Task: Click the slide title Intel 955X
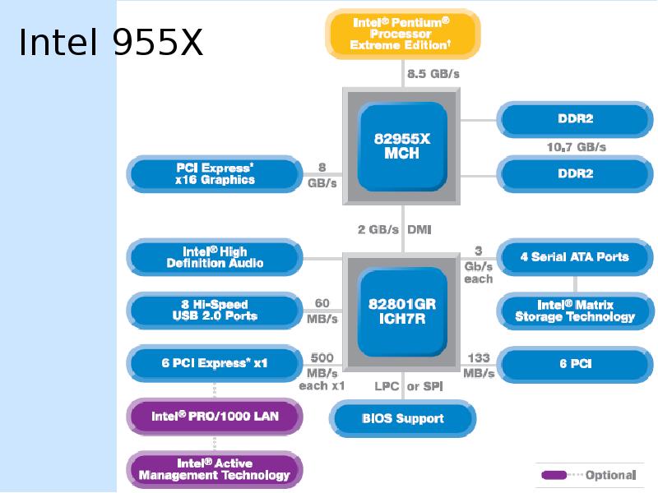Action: [x=111, y=42]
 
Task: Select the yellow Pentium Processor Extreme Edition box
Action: [x=403, y=34]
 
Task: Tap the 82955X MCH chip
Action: [x=401, y=146]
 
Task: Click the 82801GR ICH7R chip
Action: [x=401, y=311]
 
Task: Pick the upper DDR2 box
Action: [x=575, y=119]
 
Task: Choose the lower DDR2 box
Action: [x=575, y=174]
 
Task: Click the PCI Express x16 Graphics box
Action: [x=215, y=174]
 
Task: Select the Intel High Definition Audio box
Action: [x=215, y=257]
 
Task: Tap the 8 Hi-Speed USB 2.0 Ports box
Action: [x=215, y=311]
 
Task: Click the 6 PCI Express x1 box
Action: [x=215, y=363]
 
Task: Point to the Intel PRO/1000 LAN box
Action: [x=215, y=417]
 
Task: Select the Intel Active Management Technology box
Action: [x=215, y=469]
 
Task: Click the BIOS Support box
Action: [x=403, y=418]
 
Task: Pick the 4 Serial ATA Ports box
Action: [x=575, y=257]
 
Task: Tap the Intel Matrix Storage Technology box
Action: [x=575, y=311]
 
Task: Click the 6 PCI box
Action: [x=575, y=364]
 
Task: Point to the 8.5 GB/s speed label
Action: [x=433, y=74]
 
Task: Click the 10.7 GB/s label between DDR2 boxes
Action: [x=577, y=147]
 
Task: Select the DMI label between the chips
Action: [x=419, y=230]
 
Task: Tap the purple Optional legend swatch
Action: [x=554, y=475]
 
